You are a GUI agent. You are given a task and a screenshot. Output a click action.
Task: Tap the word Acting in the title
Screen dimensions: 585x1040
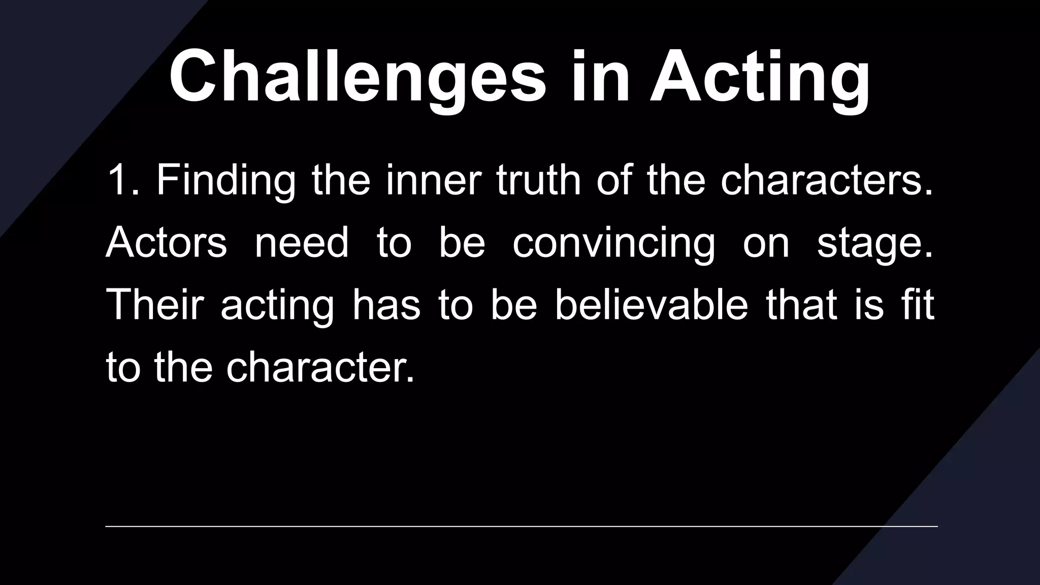click(x=760, y=77)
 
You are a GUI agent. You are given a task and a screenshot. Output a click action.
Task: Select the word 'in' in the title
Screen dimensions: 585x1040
click(x=600, y=77)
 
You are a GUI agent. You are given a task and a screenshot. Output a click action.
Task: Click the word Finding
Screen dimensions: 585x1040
click(x=225, y=181)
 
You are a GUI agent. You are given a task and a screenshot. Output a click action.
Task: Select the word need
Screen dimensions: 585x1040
click(x=302, y=243)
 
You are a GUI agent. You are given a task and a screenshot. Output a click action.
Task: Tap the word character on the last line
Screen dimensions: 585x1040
click(x=320, y=368)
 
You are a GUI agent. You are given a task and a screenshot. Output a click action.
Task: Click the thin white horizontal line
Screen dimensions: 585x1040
click(x=521, y=527)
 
